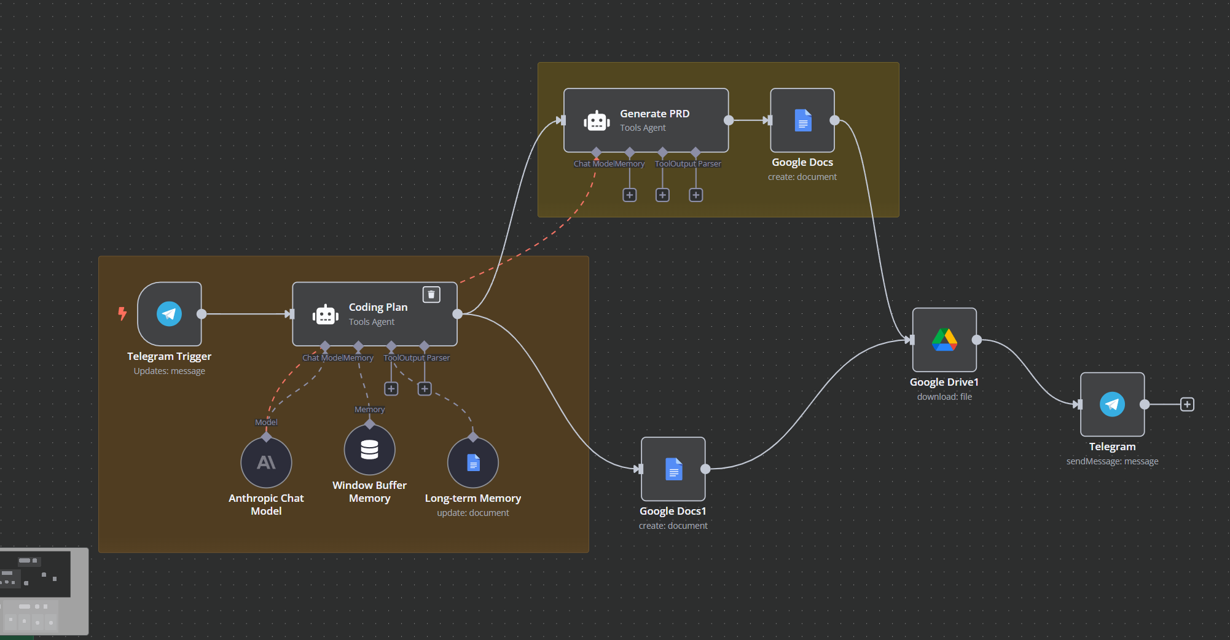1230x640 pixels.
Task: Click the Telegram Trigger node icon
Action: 170,314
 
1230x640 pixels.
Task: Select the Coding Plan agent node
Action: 374,314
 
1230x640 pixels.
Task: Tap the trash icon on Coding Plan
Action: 431,295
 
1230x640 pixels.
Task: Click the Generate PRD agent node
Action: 646,120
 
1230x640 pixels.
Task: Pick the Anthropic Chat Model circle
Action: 266,462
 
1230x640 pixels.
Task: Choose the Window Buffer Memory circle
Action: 369,450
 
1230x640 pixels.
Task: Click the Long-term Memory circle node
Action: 473,462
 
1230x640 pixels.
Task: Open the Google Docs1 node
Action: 673,469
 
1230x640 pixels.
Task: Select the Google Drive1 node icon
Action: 944,340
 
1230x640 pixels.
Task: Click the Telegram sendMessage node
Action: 1112,404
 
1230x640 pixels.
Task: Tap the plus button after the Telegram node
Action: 1187,404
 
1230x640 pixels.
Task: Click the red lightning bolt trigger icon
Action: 122,314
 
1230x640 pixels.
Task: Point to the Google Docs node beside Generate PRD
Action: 802,120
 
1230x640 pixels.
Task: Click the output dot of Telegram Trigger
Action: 202,314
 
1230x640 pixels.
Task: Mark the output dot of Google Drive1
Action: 977,340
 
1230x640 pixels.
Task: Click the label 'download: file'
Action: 944,397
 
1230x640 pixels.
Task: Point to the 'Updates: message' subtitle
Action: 170,371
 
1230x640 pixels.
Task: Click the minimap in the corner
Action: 44,591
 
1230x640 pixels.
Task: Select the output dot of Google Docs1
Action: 706,469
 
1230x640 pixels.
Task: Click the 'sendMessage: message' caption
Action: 1112,461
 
